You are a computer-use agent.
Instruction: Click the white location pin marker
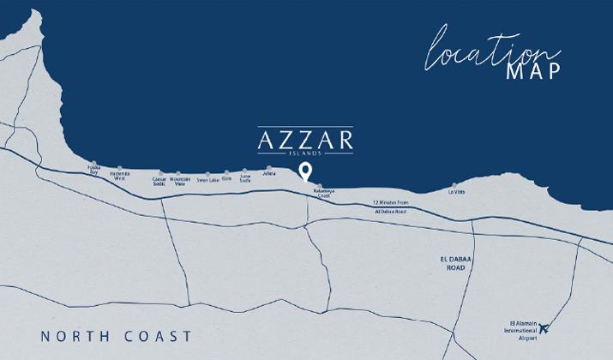point(305,174)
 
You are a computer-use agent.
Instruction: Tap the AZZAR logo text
point(306,138)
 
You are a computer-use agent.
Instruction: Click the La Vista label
point(456,192)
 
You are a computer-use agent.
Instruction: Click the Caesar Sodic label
point(159,181)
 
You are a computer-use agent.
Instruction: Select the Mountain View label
point(180,181)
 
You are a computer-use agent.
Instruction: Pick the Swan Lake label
point(207,180)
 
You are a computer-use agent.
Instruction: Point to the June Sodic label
point(245,178)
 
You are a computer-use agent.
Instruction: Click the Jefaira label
point(269,174)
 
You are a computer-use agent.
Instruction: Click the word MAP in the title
point(533,70)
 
